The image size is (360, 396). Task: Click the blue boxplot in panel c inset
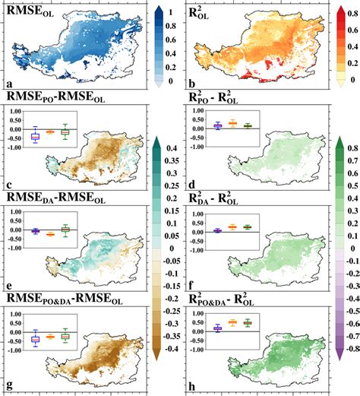point(35,135)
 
